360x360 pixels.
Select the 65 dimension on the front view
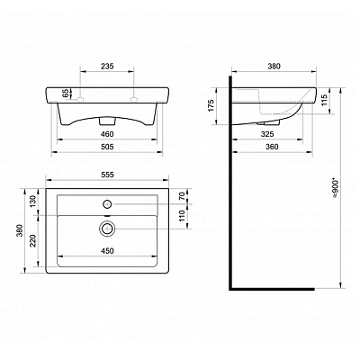point(64,94)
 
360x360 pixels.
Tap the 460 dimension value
point(107,132)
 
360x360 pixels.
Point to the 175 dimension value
point(213,105)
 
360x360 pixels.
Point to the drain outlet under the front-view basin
point(107,118)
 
